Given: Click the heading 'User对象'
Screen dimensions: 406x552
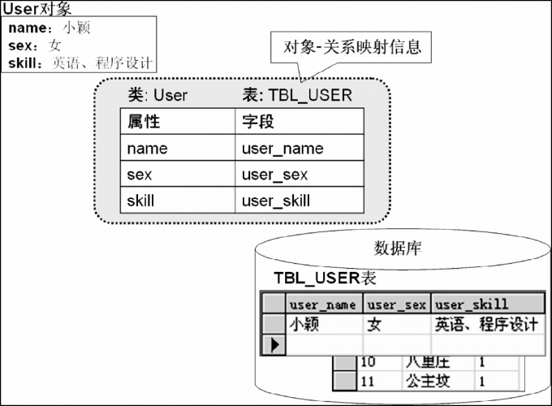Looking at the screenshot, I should coord(37,9).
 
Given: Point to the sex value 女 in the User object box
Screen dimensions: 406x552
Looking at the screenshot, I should coord(55,45).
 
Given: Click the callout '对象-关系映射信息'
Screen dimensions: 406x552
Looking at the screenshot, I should coord(352,46).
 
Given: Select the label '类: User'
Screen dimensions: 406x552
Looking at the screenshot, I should coord(157,95).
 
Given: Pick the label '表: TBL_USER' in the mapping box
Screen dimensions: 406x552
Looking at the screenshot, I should coord(297,95).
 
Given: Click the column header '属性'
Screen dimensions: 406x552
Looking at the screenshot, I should coord(144,122).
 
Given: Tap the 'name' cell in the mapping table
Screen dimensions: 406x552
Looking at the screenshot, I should coord(147,148).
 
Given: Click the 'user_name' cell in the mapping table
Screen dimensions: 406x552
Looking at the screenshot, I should coord(282,148).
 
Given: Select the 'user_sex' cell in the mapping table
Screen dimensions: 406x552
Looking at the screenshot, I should coord(274,175).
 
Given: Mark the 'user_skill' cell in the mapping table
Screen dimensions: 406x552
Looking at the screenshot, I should coord(276,201).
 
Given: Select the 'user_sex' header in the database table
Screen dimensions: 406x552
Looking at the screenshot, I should coord(396,304).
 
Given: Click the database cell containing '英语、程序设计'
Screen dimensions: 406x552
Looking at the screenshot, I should coord(485,325).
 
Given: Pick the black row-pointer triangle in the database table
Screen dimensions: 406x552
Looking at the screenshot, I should coord(274,345).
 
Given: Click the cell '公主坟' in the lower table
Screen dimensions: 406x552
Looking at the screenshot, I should coord(428,380).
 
